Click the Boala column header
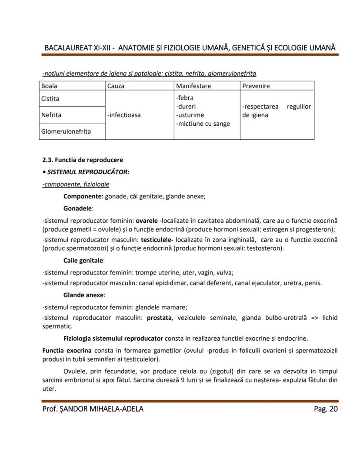tap(50, 86)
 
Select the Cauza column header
tap(116, 86)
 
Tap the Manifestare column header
tap(193, 86)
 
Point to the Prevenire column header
tap(257, 86)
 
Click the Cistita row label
tap(50, 99)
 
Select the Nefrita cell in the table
tap(51, 115)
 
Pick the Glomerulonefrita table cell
tap(66, 131)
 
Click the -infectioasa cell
tap(124, 115)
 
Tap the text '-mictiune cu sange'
tap(203, 124)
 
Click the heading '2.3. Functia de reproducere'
tap(83, 160)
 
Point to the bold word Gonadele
tap(78, 208)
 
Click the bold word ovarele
tap(147, 221)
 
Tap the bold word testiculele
tap(157, 240)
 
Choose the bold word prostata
tap(159, 318)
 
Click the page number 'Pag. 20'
tap(326, 409)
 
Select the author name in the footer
tap(93, 409)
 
